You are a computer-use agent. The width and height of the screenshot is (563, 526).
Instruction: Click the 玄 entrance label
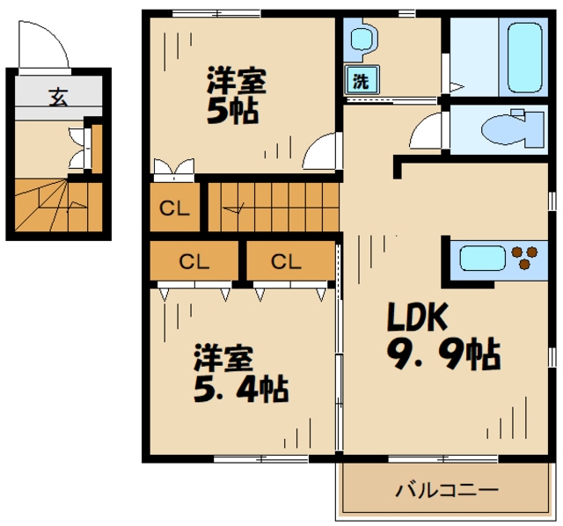coord(58,97)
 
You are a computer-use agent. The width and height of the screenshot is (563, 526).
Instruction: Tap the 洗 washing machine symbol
coord(362,80)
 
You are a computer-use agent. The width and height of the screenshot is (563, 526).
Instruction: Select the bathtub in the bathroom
coord(524,57)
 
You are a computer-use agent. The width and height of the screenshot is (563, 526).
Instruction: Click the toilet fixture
coord(512,128)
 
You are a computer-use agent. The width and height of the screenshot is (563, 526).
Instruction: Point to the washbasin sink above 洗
coord(363,39)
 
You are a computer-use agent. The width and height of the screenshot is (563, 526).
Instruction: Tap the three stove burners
coord(524,257)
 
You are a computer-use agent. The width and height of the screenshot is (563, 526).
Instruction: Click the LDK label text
coord(418,317)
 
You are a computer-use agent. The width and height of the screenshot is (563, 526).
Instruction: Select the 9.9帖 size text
coord(443,354)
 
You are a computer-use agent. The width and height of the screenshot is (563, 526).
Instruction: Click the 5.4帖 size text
coord(241,388)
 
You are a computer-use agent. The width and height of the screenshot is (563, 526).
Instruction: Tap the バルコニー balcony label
coord(447,489)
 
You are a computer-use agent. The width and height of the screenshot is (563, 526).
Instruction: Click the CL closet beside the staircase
coord(174,208)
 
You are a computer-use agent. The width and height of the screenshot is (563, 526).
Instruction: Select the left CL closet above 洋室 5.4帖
coord(194,260)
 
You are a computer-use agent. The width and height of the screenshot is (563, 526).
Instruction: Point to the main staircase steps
coord(274,208)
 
